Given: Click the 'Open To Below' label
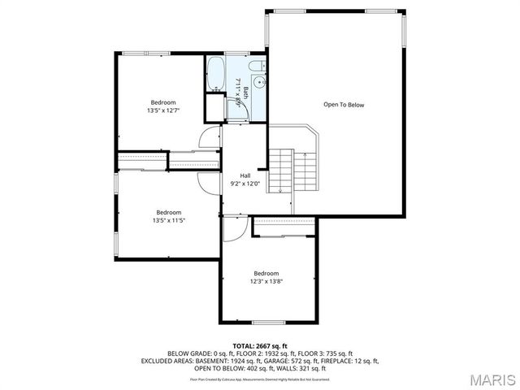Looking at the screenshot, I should point(344,105).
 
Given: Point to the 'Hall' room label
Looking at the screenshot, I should point(245,175).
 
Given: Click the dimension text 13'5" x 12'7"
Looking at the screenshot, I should point(162,110).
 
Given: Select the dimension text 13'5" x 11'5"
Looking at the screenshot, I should point(169,220).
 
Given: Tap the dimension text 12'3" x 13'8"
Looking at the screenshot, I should point(266,282).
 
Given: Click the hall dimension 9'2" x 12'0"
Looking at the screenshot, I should point(245,184).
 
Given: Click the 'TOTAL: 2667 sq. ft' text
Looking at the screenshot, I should point(260,346).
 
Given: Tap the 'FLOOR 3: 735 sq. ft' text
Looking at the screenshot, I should point(318,353).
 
